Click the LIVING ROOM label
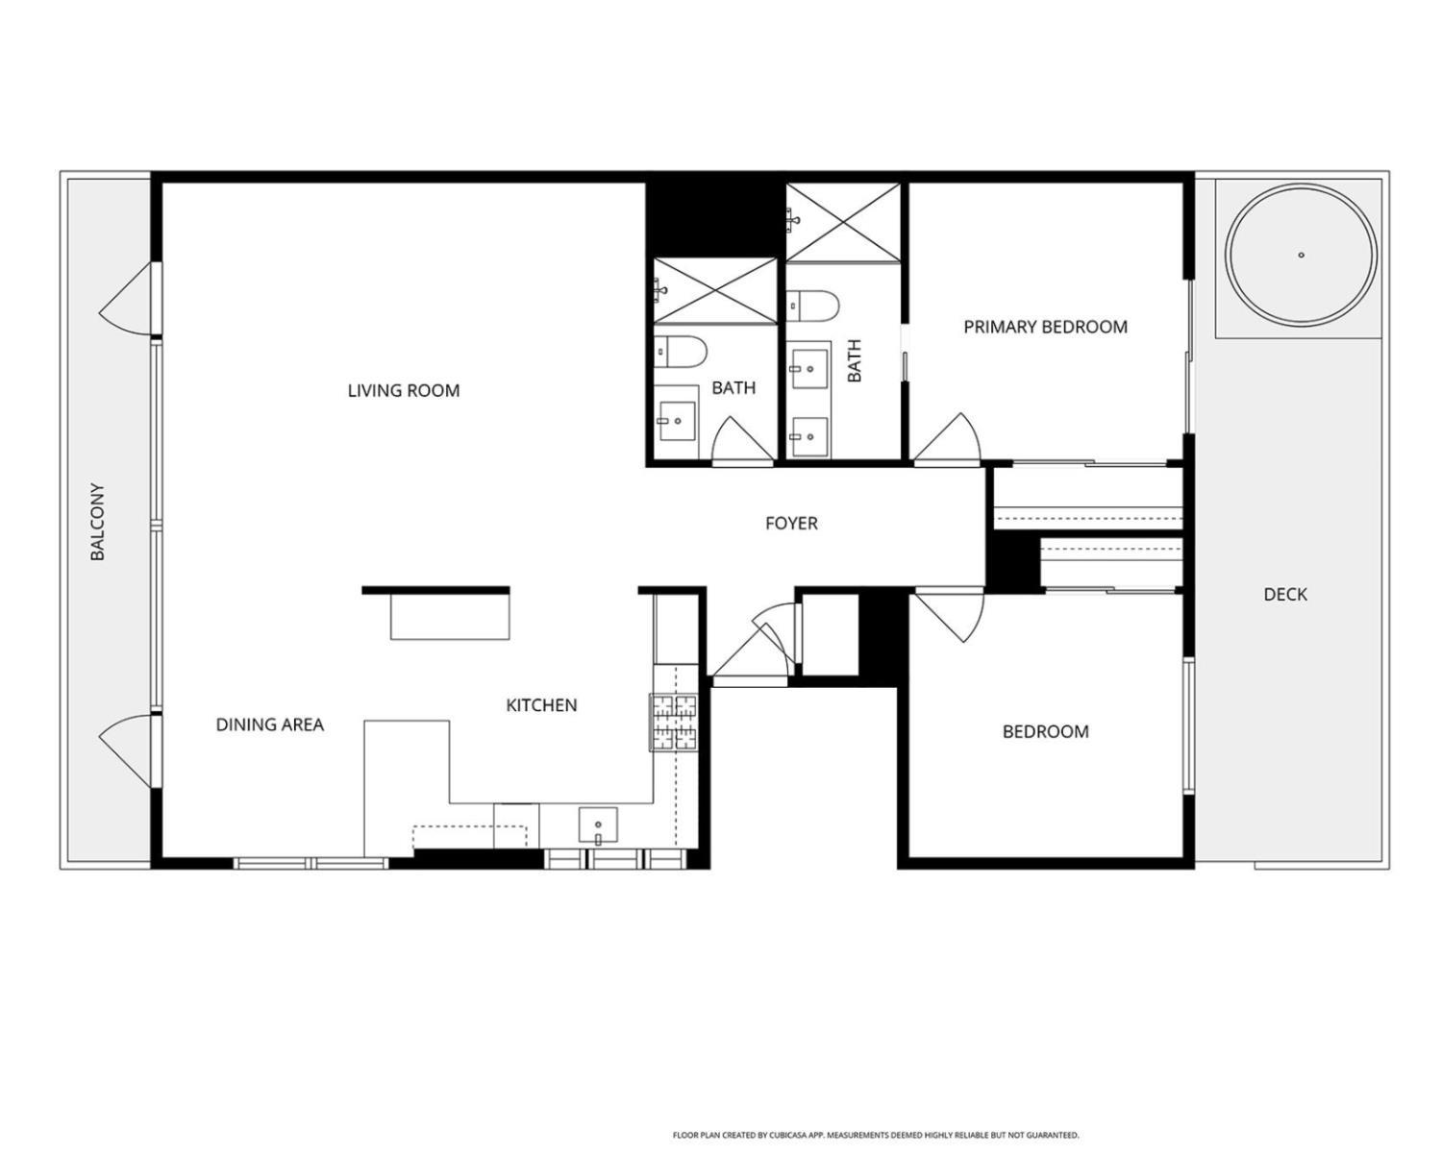point(403,390)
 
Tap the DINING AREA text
point(269,725)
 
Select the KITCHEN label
point(541,705)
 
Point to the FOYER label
point(791,524)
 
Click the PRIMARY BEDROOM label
point(1045,327)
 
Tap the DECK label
point(1284,595)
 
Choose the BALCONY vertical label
point(97,522)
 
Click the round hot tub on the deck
point(1301,256)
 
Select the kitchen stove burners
point(674,722)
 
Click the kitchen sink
point(598,825)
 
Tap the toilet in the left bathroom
point(681,353)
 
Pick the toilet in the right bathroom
point(813,306)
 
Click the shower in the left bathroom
point(715,290)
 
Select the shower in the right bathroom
point(843,222)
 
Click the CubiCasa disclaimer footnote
point(875,1135)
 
